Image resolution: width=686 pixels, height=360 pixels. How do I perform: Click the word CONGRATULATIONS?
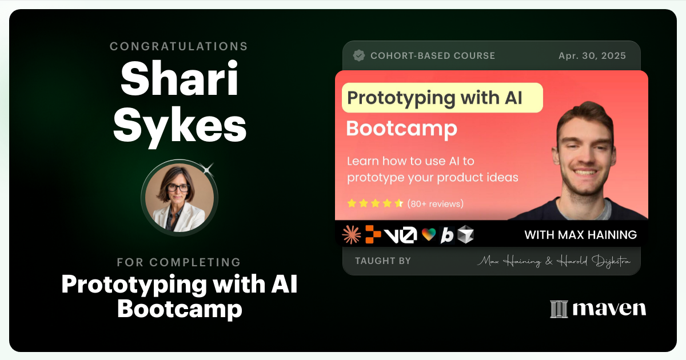point(179,46)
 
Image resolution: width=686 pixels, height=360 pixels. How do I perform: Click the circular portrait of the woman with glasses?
point(179,197)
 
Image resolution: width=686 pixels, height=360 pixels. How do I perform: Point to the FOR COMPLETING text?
point(179,262)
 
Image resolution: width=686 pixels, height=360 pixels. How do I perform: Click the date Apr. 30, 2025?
point(592,55)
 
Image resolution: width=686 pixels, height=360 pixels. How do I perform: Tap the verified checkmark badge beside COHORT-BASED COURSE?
point(359,55)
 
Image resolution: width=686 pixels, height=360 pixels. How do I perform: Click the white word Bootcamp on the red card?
point(401,129)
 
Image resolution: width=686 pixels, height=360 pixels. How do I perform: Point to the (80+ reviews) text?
point(436,203)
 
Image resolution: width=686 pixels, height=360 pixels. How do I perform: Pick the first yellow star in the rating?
point(352,203)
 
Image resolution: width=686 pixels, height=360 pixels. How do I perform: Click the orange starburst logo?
point(351,234)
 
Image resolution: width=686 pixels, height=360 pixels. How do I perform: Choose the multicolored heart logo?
point(429,235)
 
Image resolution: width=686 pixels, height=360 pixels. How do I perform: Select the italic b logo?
point(447,235)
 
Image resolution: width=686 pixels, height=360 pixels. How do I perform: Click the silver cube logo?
point(465,234)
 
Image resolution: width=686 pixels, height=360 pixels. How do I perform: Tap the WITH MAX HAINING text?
point(580,235)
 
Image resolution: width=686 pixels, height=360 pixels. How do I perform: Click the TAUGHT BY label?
point(383,261)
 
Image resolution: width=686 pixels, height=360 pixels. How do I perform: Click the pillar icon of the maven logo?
point(559,309)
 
